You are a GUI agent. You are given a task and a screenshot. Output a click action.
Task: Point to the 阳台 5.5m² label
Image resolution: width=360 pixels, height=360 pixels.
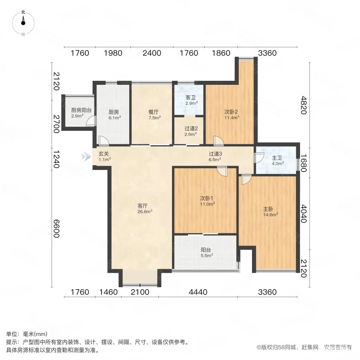pos(206,252)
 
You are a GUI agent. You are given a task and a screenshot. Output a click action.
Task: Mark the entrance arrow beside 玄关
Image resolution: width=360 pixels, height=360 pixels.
pos(85,156)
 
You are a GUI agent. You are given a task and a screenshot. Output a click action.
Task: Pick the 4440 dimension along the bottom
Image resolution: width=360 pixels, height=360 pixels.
pos(198,292)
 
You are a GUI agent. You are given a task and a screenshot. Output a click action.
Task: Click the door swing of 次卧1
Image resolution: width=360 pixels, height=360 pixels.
pos(221,171)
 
